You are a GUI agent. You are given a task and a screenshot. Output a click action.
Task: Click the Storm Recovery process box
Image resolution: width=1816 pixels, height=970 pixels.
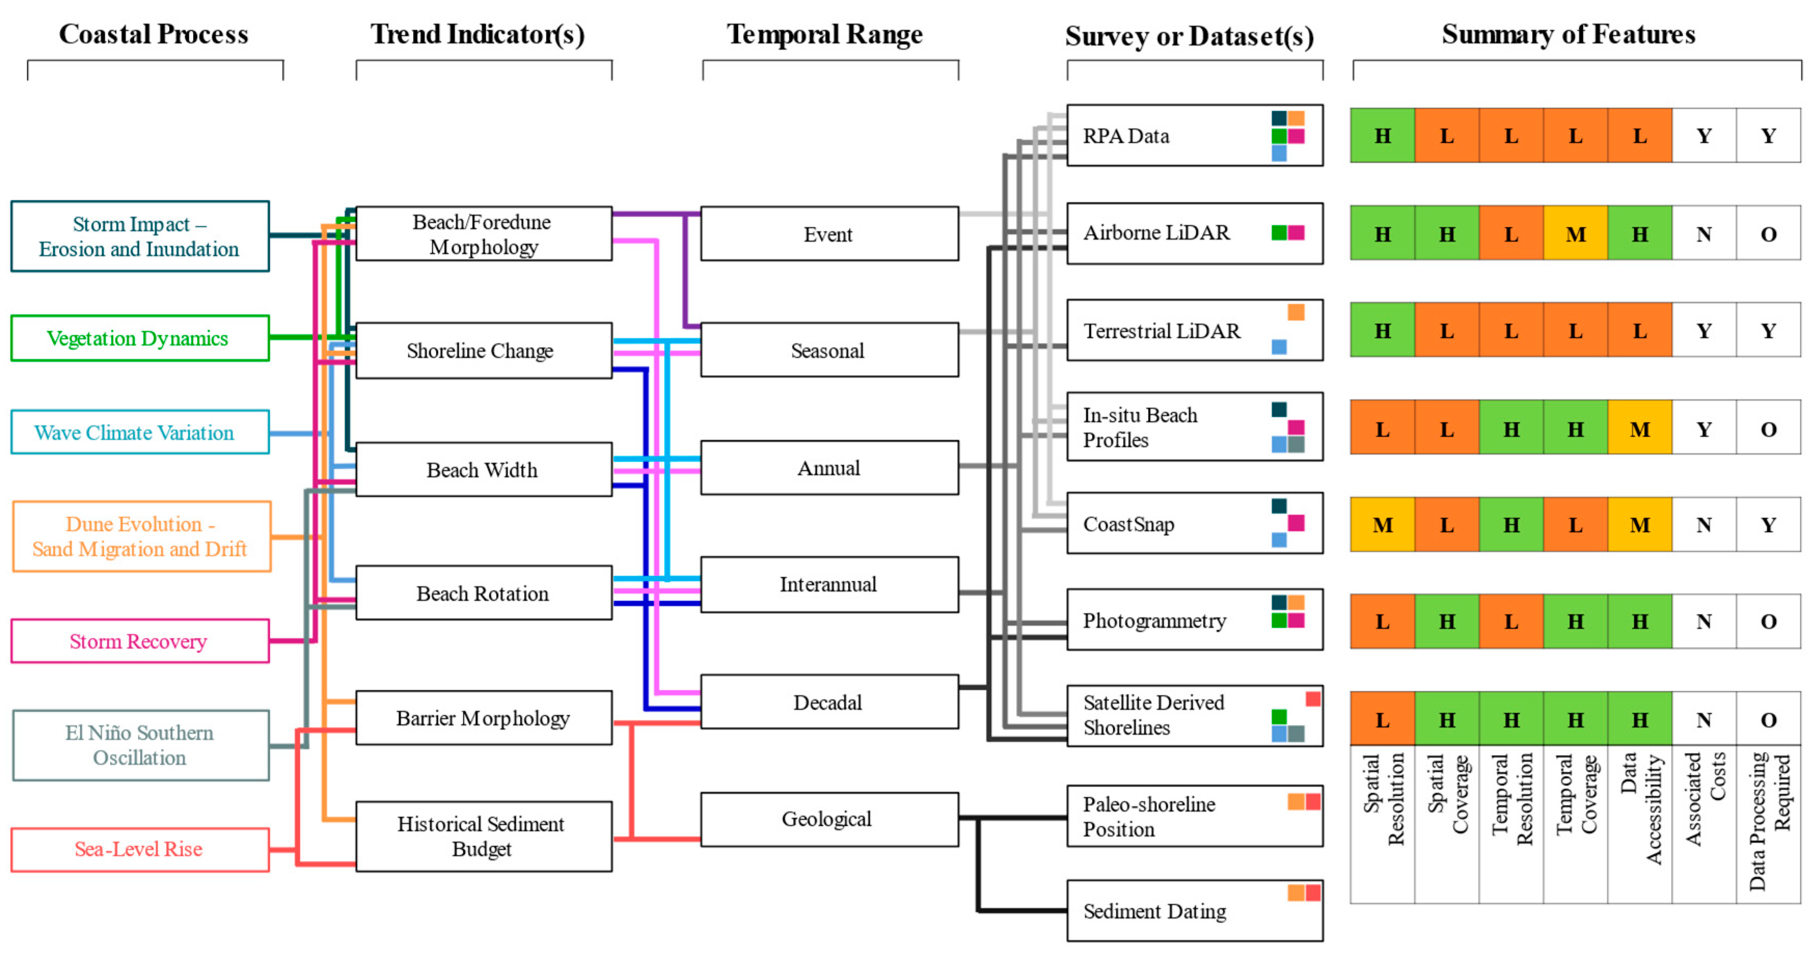(x=140, y=641)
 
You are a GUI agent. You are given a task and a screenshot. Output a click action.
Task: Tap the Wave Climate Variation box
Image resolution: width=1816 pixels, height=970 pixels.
(x=140, y=432)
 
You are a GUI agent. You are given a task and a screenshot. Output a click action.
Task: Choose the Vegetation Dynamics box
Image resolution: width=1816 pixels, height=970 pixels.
(x=140, y=338)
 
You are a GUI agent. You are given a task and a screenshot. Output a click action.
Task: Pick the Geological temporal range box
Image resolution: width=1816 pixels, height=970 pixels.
(x=828, y=818)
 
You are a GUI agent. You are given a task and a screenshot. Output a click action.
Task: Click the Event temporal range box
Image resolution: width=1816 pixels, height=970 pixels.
(x=828, y=234)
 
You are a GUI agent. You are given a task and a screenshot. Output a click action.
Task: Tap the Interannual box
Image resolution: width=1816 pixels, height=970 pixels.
(x=828, y=584)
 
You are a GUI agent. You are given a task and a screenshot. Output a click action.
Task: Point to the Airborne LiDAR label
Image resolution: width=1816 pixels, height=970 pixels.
(x=1156, y=233)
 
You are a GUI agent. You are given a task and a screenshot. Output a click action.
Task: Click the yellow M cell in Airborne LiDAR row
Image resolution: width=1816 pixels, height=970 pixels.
(x=1576, y=234)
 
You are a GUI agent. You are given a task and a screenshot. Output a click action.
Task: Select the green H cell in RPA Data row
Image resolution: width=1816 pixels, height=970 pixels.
(x=1383, y=135)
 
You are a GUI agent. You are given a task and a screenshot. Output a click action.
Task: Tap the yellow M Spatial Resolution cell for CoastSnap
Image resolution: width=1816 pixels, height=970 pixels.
(x=1383, y=525)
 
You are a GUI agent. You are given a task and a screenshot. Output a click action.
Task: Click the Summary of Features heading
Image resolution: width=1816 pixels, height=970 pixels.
(x=1568, y=34)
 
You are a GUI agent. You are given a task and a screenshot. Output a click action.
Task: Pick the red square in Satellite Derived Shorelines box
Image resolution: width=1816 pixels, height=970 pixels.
(x=1313, y=699)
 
